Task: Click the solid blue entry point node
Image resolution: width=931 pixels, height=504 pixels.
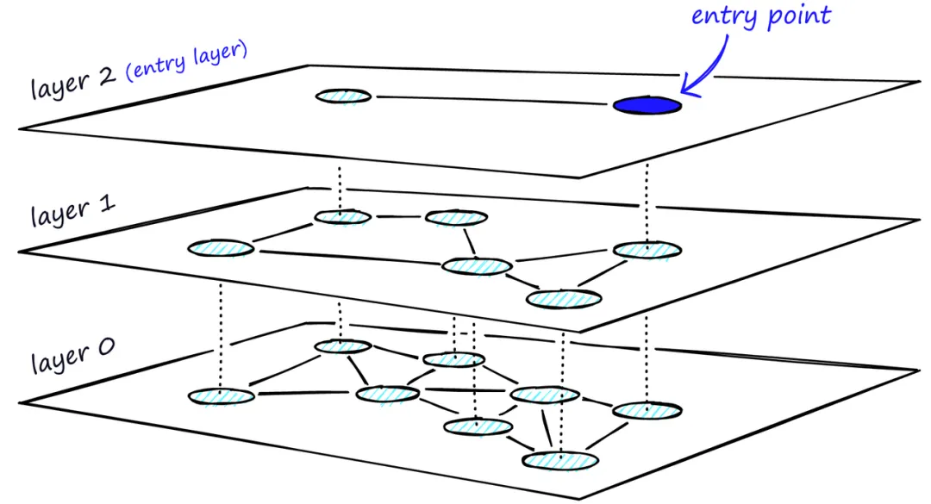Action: pyautogui.click(x=647, y=106)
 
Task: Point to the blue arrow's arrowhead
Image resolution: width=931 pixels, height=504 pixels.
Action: pyautogui.click(x=684, y=85)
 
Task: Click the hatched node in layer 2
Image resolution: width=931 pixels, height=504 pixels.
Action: pyautogui.click(x=343, y=96)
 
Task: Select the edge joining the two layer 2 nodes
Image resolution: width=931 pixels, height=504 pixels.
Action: pyautogui.click(x=491, y=101)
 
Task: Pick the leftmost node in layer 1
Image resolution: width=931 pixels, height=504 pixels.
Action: pyautogui.click(x=222, y=248)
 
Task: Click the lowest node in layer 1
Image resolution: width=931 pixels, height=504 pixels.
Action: pyautogui.click(x=564, y=299)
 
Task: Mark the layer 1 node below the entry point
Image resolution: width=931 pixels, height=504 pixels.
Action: pyautogui.click(x=647, y=250)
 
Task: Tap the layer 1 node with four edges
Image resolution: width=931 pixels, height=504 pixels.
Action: pyautogui.click(x=477, y=265)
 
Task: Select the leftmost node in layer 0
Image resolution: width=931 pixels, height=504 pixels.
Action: pyautogui.click(x=222, y=395)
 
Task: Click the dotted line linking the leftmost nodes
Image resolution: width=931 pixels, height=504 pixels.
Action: pyautogui.click(x=222, y=319)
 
